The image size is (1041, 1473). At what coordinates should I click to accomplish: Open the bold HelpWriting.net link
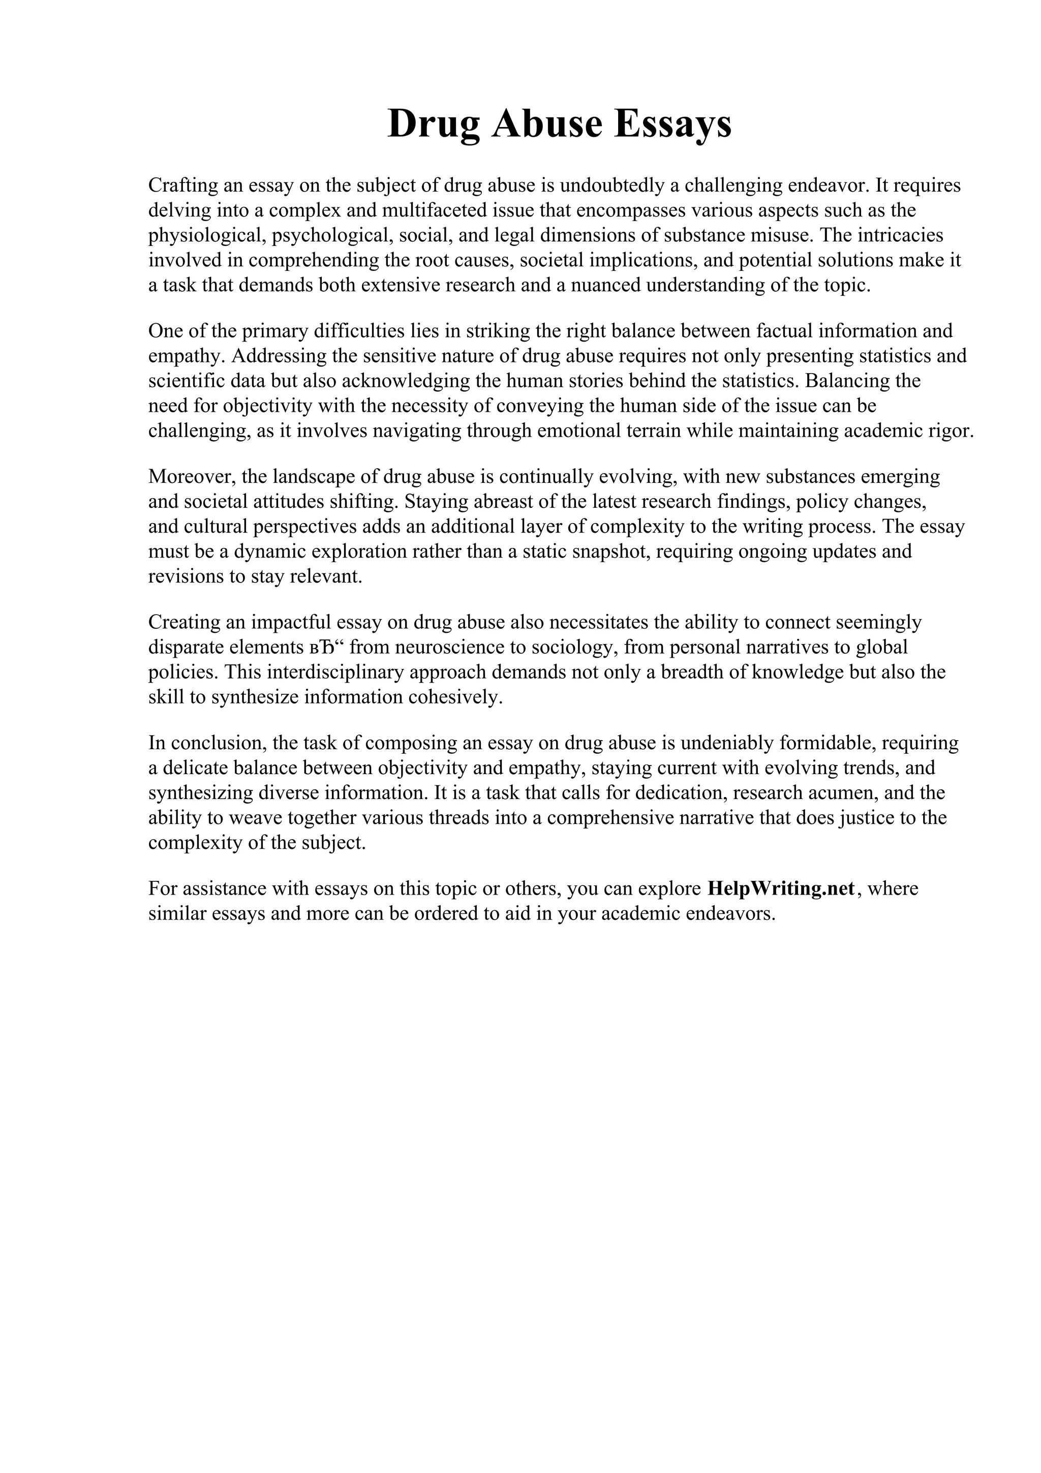(x=781, y=889)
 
